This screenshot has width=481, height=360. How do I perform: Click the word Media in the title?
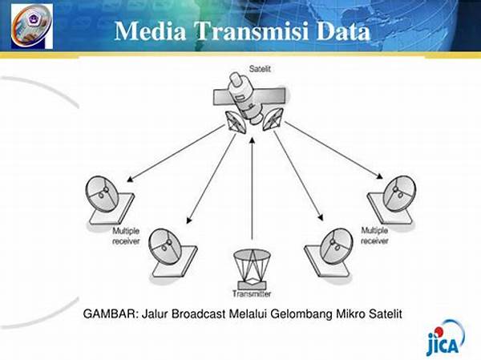[151, 31]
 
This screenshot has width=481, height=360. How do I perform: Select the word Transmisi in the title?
[251, 31]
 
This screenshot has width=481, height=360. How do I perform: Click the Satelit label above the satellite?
[260, 69]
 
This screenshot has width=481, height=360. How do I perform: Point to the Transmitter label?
[252, 293]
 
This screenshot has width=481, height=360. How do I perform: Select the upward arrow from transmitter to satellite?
[253, 188]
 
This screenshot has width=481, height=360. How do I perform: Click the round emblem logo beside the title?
[32, 26]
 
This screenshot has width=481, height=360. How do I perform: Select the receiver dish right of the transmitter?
[329, 253]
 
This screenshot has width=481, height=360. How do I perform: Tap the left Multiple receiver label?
[126, 236]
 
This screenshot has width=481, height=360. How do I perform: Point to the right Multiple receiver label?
[374, 236]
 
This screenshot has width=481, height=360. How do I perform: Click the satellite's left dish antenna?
[236, 122]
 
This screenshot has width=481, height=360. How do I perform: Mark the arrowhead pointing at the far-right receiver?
[380, 176]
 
